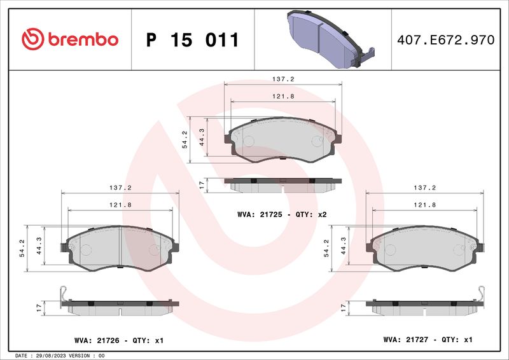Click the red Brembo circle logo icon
click(33, 39)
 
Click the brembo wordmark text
click(83, 39)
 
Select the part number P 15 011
click(193, 40)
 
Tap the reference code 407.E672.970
click(446, 39)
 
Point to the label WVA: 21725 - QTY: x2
click(282, 214)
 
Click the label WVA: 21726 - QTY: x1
click(119, 340)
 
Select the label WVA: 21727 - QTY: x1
click(428, 340)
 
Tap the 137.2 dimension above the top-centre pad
click(283, 79)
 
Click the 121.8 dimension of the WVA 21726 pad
click(120, 205)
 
